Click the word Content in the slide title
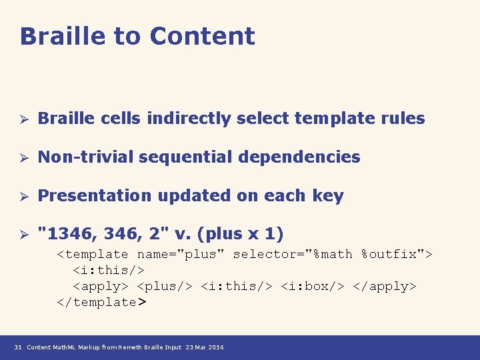202,36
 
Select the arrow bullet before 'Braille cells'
22,119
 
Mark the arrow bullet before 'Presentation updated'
22,197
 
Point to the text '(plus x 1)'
247,235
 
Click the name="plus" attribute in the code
181,254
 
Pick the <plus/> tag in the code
162,286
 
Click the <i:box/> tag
309,286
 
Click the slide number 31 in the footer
18,347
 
